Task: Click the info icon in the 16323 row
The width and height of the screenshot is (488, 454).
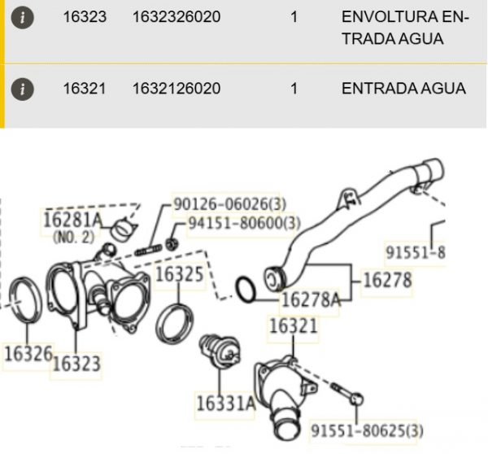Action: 22,18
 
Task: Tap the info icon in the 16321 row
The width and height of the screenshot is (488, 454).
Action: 22,89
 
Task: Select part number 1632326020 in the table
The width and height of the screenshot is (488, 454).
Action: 176,17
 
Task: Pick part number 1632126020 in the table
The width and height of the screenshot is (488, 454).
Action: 176,89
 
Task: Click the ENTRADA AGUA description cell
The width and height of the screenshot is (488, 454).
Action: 403,89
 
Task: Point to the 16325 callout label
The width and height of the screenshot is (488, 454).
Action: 180,274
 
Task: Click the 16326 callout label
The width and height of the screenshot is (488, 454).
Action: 28,354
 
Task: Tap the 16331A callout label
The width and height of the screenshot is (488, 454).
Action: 225,404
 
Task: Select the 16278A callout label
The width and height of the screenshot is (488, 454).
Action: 311,300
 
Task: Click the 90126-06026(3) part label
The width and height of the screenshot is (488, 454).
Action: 229,204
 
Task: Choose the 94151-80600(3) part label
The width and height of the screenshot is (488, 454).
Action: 245,223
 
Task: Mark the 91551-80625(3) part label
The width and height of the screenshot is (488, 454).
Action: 368,430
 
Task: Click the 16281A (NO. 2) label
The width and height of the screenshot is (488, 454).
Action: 72,227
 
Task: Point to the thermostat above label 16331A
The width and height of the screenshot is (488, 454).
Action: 220,351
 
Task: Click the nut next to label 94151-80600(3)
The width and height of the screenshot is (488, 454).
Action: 171,243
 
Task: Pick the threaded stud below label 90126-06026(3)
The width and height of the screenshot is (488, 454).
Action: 148,250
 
